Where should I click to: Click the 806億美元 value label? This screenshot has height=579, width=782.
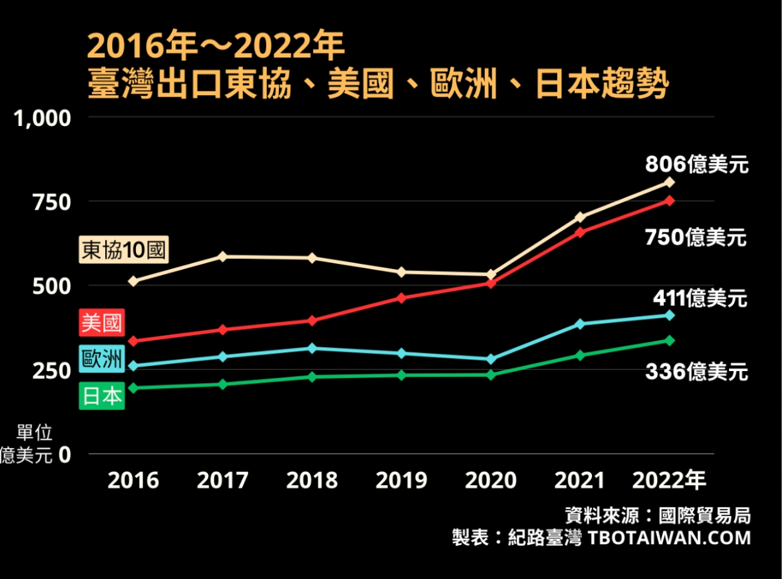[696, 165]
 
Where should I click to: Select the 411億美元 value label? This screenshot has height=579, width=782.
[700, 297]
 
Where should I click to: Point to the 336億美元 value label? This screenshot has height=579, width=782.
[696, 372]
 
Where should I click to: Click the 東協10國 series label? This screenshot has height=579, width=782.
[123, 251]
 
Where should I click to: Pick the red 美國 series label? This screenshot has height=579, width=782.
[101, 323]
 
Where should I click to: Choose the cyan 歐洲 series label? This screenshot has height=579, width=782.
[102, 360]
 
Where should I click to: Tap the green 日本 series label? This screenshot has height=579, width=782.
[102, 396]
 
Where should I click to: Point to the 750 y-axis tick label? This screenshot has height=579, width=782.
[52, 202]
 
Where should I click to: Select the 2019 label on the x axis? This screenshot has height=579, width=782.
[401, 481]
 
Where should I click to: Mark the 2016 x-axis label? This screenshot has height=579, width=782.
[133, 481]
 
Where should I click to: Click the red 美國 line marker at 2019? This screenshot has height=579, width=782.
[402, 297]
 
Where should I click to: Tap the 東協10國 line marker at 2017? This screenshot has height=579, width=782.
[223, 256]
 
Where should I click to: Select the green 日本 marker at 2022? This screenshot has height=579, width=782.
[670, 340]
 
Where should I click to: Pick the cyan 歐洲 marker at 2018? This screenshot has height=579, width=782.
[312, 348]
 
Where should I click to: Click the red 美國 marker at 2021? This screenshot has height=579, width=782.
[581, 232]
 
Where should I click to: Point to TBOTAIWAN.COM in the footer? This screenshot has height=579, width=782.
[669, 538]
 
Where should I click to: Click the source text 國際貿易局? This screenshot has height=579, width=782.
[704, 517]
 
